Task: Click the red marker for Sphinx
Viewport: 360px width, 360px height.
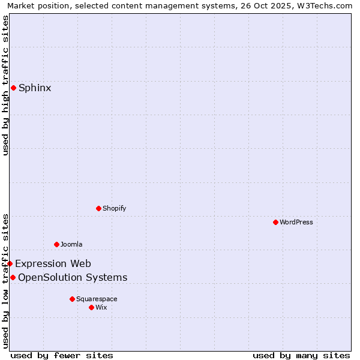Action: click(x=13, y=88)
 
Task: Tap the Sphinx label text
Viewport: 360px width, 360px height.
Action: click(x=35, y=88)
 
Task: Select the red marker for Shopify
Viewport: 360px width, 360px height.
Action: click(x=98, y=208)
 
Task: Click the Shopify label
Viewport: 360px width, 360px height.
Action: click(x=114, y=208)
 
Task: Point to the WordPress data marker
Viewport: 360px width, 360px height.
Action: click(x=275, y=222)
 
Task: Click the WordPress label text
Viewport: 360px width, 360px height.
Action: click(x=296, y=222)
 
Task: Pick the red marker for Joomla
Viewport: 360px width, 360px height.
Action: click(x=56, y=244)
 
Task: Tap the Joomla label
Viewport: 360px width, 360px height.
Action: click(x=71, y=244)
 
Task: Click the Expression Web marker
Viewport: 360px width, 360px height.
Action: click(x=10, y=263)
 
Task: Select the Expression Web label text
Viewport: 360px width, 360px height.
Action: click(x=53, y=263)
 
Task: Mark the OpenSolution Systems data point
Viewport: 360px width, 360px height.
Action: click(x=13, y=277)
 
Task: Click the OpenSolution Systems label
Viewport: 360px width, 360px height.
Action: click(x=73, y=277)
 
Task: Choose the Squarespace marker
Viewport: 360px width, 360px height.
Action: click(x=72, y=299)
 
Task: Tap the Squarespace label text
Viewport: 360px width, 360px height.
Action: click(x=97, y=299)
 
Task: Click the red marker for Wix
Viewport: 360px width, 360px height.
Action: click(x=91, y=307)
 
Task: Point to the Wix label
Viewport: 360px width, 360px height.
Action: click(x=101, y=307)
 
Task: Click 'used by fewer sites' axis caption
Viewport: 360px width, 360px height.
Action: click(x=62, y=355)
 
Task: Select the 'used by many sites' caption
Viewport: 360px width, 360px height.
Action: click(x=301, y=355)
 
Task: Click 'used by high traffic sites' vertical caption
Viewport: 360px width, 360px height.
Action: click(x=5, y=85)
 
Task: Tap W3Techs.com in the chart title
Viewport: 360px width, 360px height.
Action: click(x=323, y=5)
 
